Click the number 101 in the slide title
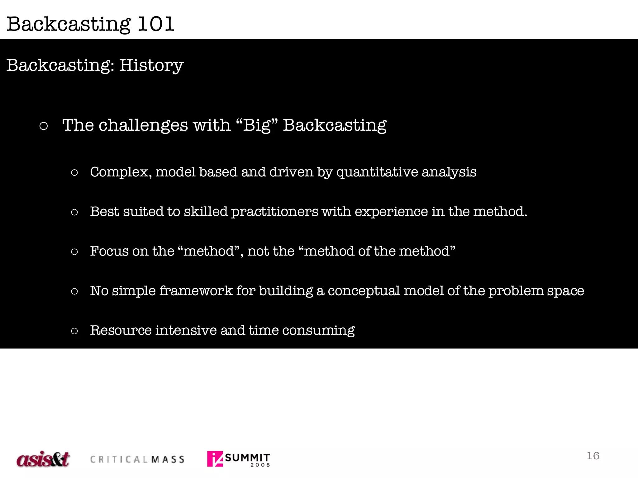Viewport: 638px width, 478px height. pos(155,24)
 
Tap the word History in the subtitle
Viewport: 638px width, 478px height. pos(151,65)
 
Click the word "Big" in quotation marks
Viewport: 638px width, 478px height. pos(257,125)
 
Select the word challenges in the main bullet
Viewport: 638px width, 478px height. pos(143,125)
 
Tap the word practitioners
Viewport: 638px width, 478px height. pos(274,212)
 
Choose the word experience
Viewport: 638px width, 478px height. pos(391,212)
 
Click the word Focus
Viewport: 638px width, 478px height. pos(109,251)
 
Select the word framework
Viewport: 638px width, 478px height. pos(196,291)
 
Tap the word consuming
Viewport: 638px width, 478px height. pos(318,330)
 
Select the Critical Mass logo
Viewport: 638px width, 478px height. pos(137,459)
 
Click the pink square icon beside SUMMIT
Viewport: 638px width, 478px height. pos(215,459)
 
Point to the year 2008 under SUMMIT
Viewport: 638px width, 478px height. pos(260,465)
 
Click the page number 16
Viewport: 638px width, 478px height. pos(593,456)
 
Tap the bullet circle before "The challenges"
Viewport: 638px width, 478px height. pos(44,126)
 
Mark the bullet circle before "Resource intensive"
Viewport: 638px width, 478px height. pos(74,330)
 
